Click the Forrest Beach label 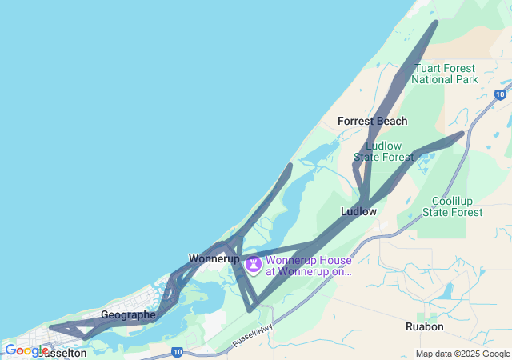click(372, 121)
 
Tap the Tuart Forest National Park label click(445, 74)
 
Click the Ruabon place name click(425, 326)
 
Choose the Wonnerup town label click(214, 258)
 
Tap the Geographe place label click(128, 315)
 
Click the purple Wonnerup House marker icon click(254, 264)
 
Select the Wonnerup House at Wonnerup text click(308, 266)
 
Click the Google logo click(26, 350)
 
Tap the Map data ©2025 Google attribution click(462, 354)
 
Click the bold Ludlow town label click(358, 212)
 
